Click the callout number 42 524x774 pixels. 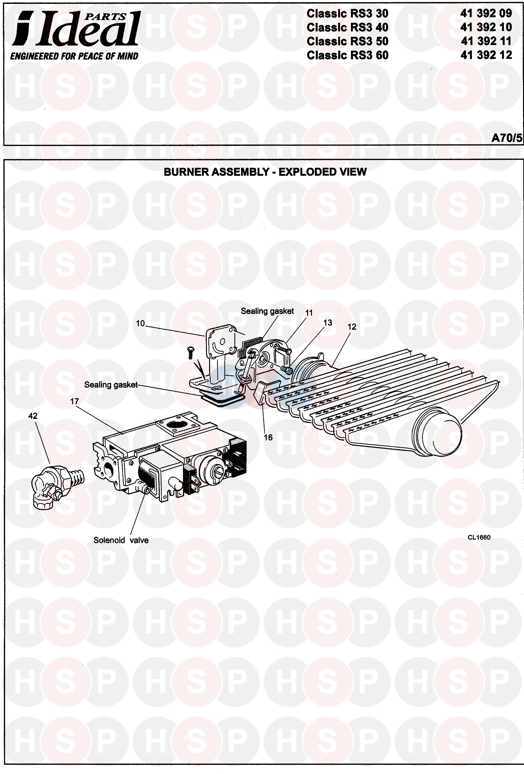pos(33,416)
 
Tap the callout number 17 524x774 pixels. pos(74,401)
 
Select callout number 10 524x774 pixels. pos(140,323)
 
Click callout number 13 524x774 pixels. pos(327,322)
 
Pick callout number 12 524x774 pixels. pos(352,327)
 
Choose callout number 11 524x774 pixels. pos(309,312)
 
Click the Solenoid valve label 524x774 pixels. pos(121,540)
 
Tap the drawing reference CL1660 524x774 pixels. pos(479,537)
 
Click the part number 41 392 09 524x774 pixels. pos(486,13)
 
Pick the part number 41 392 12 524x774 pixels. pos(486,55)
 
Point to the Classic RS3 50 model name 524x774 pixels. pos(347,41)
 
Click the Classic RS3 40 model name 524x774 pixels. pos(347,27)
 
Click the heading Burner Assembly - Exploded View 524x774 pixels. pos(265,172)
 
